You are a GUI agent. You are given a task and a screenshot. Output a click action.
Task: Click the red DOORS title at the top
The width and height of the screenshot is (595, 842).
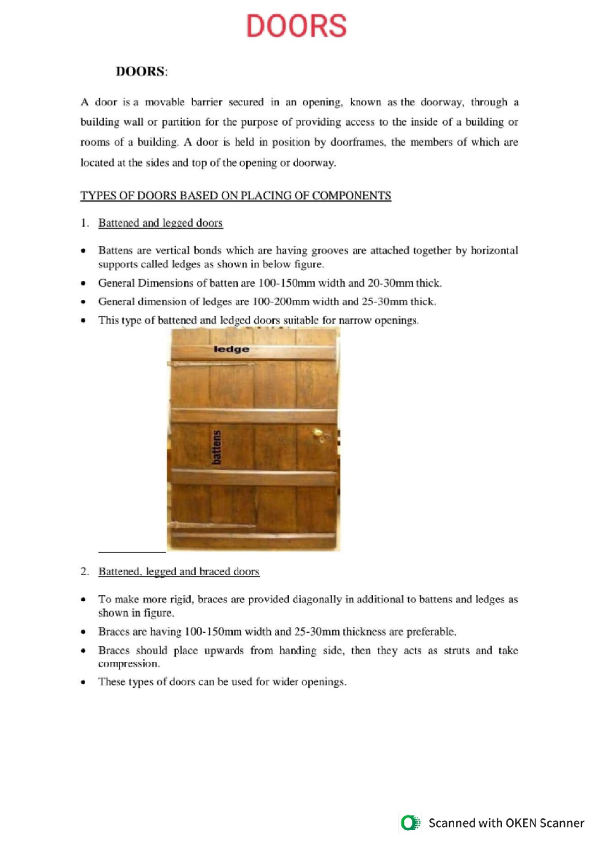[296, 26]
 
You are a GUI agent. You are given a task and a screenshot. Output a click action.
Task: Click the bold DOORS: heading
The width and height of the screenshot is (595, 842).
[141, 72]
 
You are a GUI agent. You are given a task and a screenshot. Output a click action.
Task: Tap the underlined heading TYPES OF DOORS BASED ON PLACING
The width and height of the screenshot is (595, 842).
[236, 196]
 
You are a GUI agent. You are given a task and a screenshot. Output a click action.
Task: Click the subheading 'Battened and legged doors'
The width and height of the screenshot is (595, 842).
[160, 223]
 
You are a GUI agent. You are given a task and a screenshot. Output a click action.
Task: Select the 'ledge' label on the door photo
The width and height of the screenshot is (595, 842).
[231, 349]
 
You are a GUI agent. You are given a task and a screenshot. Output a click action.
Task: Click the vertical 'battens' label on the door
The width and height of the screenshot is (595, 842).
[216, 447]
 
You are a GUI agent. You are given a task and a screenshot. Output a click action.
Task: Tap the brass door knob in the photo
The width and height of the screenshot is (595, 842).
[318, 434]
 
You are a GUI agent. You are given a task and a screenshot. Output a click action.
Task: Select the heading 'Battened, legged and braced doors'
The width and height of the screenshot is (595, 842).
[178, 572]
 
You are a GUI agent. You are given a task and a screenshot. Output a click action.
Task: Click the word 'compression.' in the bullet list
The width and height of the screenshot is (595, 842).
[129, 664]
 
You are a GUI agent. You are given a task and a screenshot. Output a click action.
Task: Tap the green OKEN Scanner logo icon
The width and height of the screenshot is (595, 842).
[410, 823]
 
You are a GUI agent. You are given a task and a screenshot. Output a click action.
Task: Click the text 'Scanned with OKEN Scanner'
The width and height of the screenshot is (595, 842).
[506, 823]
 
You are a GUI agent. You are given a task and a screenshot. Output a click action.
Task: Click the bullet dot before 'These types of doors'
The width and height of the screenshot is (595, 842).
[83, 683]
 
